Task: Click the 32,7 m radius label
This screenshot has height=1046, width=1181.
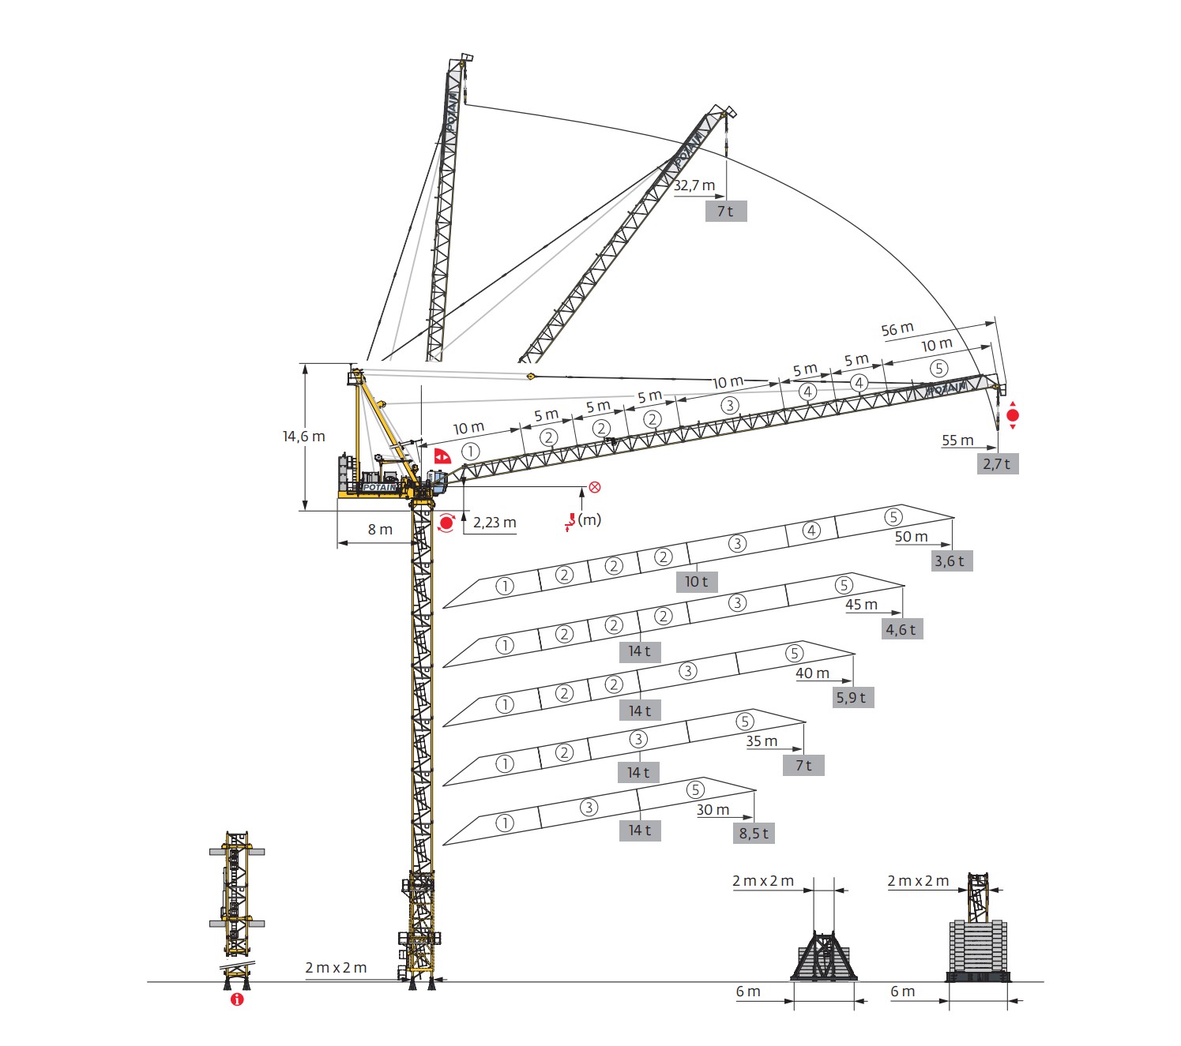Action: point(694,186)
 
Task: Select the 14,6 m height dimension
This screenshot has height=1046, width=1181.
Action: point(304,437)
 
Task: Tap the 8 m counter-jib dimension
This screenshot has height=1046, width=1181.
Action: point(380,530)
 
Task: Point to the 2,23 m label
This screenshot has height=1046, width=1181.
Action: point(495,523)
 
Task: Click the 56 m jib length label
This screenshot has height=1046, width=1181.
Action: point(897,329)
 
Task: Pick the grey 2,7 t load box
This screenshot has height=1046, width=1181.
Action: point(997,464)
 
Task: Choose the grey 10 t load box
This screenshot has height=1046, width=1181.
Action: point(696,582)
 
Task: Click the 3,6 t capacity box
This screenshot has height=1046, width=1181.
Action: point(950,561)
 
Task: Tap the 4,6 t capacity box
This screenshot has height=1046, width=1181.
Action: point(901,630)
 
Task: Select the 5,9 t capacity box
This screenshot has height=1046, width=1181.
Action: point(852,698)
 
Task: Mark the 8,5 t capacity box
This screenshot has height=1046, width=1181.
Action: point(754,834)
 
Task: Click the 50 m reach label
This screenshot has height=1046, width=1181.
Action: point(912,537)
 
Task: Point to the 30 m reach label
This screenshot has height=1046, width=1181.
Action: point(713,810)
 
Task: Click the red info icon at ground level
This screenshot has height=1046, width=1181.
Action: point(237,999)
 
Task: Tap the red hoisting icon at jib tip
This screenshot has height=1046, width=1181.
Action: point(1013,415)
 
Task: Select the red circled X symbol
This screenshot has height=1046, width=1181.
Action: point(595,487)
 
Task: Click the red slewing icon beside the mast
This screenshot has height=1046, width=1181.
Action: point(446,523)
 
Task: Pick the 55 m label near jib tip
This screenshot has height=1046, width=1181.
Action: point(957,441)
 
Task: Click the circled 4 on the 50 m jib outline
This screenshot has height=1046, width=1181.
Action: point(811,530)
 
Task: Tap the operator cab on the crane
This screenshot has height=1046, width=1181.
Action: point(436,478)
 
